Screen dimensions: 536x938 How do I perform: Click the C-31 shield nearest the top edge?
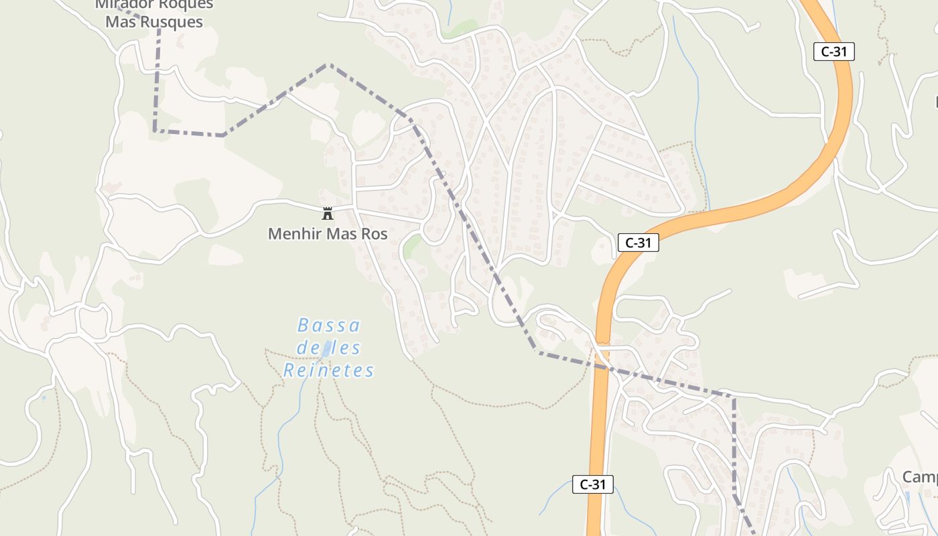point(834,52)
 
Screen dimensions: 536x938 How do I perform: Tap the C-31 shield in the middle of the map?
point(638,243)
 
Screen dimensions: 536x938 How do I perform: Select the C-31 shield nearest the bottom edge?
point(593,484)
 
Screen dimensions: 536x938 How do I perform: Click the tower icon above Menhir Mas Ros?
point(328,214)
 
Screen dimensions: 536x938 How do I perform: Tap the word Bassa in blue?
point(329,326)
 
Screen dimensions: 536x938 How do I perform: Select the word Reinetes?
point(328,371)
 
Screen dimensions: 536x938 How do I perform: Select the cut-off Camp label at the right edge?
point(919,477)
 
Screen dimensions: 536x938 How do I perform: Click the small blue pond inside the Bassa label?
point(327,348)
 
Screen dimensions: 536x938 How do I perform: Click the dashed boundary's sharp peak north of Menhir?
point(329,64)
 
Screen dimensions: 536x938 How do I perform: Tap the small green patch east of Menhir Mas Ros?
point(413,245)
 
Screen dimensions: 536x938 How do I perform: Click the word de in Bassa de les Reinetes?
point(307,348)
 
